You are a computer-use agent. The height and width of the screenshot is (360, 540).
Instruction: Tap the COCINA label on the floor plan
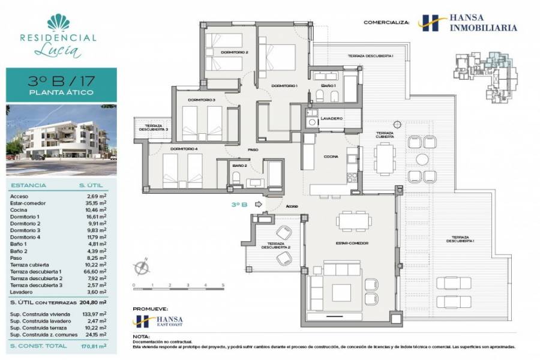click(x=329, y=157)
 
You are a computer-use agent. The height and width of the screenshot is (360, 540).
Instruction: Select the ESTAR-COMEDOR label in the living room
click(x=352, y=243)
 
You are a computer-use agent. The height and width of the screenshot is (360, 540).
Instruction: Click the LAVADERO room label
click(x=331, y=118)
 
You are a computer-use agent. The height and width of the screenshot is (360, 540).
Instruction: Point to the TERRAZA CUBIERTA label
click(x=385, y=134)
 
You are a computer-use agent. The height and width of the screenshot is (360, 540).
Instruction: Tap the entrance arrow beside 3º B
click(x=258, y=205)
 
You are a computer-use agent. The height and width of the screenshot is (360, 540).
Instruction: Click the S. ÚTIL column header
click(x=89, y=186)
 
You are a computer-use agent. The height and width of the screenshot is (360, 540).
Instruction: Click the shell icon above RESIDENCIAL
click(x=58, y=22)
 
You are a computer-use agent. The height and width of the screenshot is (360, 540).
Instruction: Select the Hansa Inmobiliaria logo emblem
click(x=427, y=23)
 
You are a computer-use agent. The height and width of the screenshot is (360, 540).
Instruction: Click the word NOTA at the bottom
click(x=142, y=337)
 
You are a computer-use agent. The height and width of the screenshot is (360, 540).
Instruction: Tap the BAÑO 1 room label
click(x=328, y=86)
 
